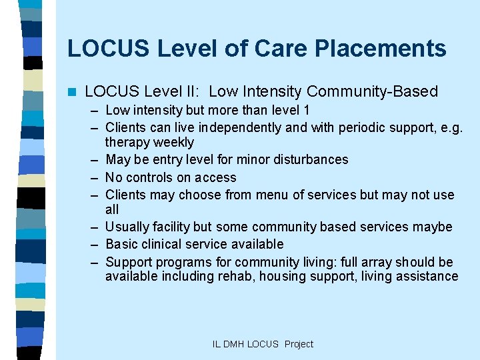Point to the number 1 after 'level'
tap(306, 110)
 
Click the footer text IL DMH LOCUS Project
tap(263, 344)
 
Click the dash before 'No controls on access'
tap(95, 177)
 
